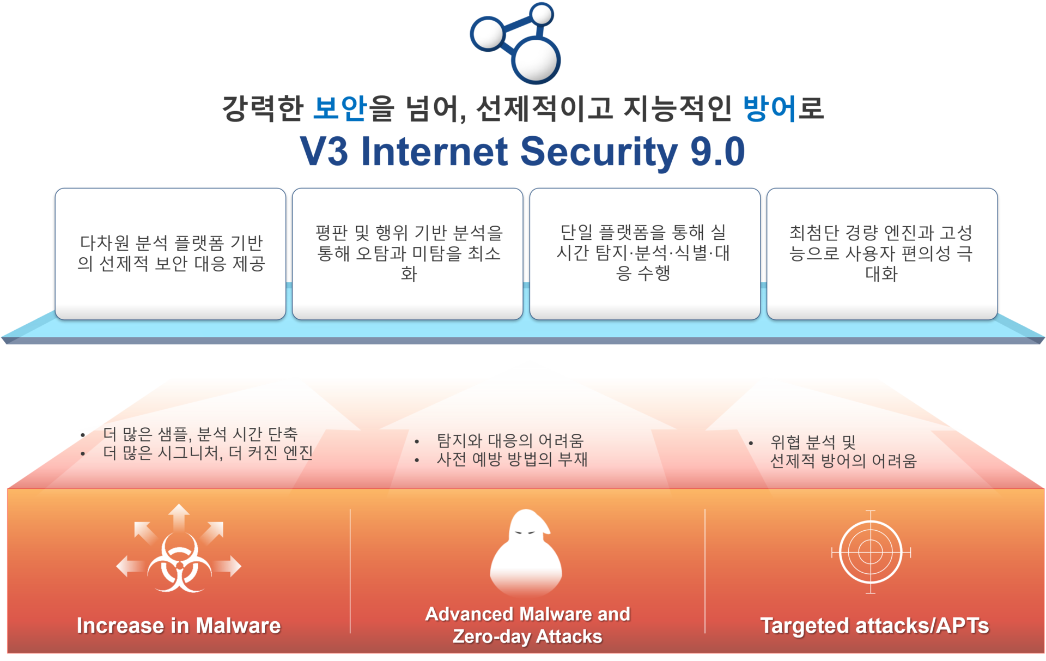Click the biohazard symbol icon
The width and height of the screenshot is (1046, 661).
(179, 562)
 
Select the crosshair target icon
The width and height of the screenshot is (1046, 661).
(871, 552)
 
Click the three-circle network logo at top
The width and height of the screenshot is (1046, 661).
(515, 43)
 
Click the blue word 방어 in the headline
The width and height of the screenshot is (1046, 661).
(770, 107)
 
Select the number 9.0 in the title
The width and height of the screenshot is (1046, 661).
(717, 151)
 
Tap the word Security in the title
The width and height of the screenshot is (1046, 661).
(599, 152)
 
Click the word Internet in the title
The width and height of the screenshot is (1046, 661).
(435, 151)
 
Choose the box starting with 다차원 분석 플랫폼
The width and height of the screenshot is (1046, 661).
(171, 254)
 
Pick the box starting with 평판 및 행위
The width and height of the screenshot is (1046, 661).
(408, 254)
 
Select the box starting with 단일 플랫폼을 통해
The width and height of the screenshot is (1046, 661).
(645, 254)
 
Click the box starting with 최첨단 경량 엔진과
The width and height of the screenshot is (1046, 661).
(882, 254)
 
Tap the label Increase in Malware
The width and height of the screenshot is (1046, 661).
(179, 626)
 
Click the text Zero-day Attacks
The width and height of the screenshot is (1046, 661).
(527, 636)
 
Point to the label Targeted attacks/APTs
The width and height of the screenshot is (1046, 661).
(874, 626)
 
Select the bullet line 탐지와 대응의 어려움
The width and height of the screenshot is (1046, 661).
(510, 440)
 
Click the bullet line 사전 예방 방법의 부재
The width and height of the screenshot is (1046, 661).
(512, 459)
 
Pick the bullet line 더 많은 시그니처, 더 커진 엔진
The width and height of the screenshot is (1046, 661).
(208, 452)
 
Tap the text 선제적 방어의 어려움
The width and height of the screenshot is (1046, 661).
(843, 461)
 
